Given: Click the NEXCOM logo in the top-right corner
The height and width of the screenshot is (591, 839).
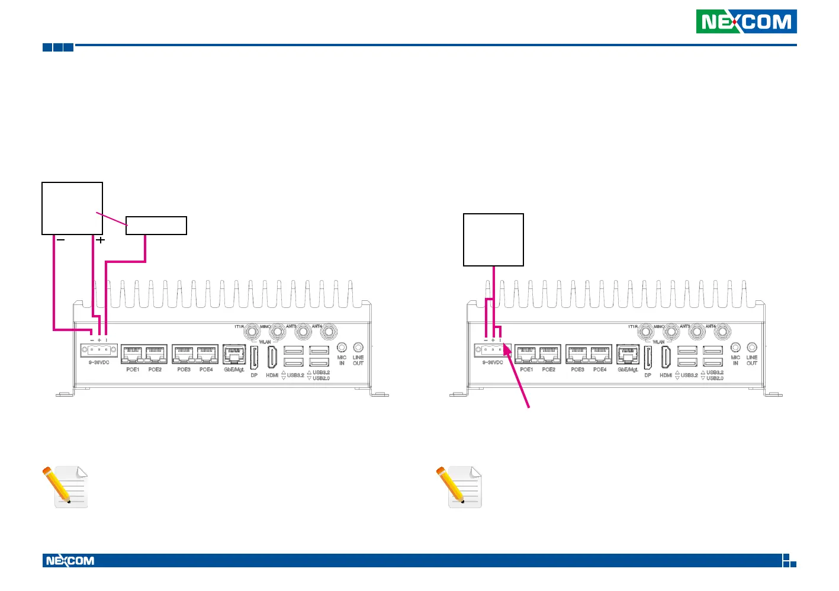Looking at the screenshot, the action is coord(746,22).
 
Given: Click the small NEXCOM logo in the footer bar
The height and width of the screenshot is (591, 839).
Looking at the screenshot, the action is coord(70,561).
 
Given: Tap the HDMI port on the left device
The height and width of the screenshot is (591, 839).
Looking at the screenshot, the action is coord(272,356).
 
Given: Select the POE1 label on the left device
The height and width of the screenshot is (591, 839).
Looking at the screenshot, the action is coord(133,370).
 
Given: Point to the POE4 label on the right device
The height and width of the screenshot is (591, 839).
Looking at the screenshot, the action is coord(600,370).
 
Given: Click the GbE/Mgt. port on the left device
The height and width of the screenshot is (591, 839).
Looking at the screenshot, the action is coord(234,354).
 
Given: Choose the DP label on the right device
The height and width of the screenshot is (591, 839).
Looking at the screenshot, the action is coord(648,375).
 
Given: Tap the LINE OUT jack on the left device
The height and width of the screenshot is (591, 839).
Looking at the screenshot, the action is coord(358,348).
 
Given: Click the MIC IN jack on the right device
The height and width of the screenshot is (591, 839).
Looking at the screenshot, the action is coord(735,348).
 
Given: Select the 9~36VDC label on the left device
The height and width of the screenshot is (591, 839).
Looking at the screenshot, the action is coord(99,362).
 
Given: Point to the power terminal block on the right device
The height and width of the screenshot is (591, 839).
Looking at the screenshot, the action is coord(493,350).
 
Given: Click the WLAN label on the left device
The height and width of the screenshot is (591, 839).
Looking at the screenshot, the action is coord(265,342).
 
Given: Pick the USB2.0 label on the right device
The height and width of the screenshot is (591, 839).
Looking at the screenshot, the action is coord(715,378).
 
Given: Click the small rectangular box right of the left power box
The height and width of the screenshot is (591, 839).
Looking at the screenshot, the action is coord(156,226).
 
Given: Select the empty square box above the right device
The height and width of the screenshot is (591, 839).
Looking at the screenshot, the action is coord(493,240).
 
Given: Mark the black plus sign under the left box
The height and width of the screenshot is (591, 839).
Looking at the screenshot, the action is coord(101,240).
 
